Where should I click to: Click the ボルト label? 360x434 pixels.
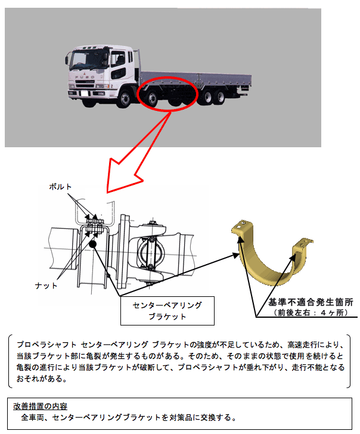[x=60, y=187]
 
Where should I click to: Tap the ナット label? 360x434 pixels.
[x=46, y=286]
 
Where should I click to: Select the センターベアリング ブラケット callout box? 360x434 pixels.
[x=167, y=311]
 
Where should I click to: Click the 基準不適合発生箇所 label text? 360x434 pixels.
[x=311, y=302]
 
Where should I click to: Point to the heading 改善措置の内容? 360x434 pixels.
[x=40, y=406]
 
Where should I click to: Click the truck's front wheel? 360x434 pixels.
[x=124, y=99]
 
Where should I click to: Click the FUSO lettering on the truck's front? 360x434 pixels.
[x=85, y=77]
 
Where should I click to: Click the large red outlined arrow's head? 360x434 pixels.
[x=122, y=177]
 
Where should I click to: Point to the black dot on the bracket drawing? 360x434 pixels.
[x=92, y=244]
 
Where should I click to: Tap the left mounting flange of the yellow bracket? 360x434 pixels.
[x=242, y=227]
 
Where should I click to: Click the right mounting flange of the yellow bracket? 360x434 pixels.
[x=303, y=244]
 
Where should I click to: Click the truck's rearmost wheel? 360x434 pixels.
[x=221, y=97]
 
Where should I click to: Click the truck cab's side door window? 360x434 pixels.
[x=117, y=59]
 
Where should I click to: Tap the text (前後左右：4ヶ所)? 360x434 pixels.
[x=311, y=313]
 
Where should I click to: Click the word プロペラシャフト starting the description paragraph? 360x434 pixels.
[x=46, y=345]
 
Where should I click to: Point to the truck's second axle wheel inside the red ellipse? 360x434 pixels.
[x=152, y=100]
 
